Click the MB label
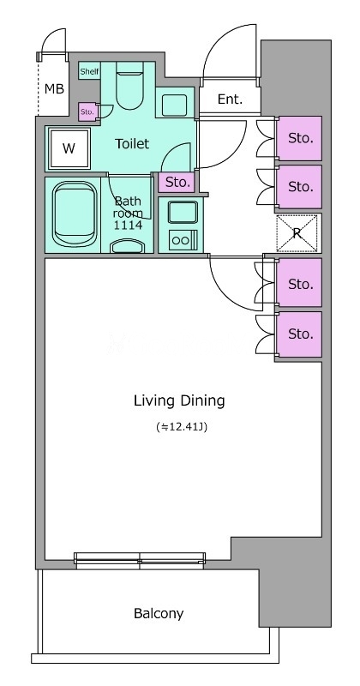point(54,89)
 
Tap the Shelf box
point(90,71)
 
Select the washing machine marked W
point(69,148)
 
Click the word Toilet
point(132,143)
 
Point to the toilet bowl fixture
point(130,86)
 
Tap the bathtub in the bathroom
point(75,214)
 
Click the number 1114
point(128,226)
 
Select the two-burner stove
point(183,240)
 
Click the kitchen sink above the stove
point(183,212)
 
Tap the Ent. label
point(230,99)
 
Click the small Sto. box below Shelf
point(87,111)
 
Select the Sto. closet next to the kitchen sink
point(177,182)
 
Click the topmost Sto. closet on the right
point(299,138)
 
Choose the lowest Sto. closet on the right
point(300,334)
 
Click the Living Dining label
point(179,400)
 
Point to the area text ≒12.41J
point(182,427)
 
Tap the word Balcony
point(159,613)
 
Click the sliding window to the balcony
point(140,561)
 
